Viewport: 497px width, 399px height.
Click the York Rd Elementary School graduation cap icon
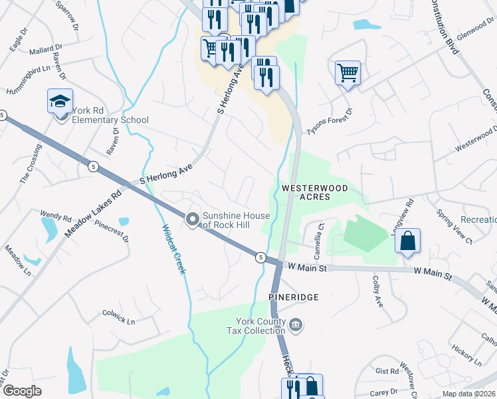[x=60, y=101]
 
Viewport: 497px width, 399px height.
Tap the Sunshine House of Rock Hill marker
[x=193, y=219]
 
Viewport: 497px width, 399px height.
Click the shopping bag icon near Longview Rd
[x=407, y=241]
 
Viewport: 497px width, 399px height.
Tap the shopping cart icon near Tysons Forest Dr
[x=348, y=72]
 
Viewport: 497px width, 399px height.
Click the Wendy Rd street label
[x=56, y=217]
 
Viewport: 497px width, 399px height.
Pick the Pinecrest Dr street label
[x=110, y=237]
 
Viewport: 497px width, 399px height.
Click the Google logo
[x=22, y=391]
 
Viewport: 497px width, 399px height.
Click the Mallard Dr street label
[x=46, y=49]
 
